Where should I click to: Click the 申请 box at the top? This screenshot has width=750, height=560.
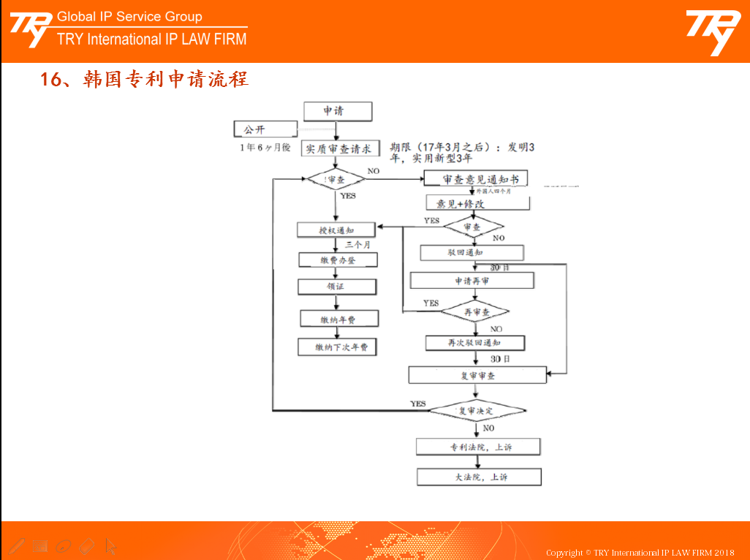[337, 111]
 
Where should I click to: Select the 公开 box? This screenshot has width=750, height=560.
[265, 129]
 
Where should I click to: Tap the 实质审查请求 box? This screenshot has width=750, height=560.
[340, 148]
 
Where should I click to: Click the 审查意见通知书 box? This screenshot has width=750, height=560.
[475, 179]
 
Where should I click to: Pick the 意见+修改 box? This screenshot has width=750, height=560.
[477, 203]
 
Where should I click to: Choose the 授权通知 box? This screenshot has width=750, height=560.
[336, 230]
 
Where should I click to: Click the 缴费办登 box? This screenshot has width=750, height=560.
[338, 260]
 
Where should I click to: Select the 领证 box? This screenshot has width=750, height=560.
[338, 287]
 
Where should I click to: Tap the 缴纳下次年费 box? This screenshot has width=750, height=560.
[337, 347]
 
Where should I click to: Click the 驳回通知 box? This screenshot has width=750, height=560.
[471, 253]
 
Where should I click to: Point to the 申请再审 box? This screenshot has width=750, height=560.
[472, 281]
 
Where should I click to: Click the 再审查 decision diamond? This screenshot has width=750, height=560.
[475, 312]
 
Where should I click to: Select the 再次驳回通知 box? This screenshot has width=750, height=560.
[475, 342]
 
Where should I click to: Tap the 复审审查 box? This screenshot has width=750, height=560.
[477, 375]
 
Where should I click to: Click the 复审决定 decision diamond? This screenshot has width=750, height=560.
[477, 411]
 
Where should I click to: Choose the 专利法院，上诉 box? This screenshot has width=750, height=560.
[479, 447]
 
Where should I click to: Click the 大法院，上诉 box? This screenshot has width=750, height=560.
[479, 477]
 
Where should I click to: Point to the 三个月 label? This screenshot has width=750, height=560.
[358, 245]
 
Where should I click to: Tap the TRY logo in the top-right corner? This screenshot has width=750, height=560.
[712, 31]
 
